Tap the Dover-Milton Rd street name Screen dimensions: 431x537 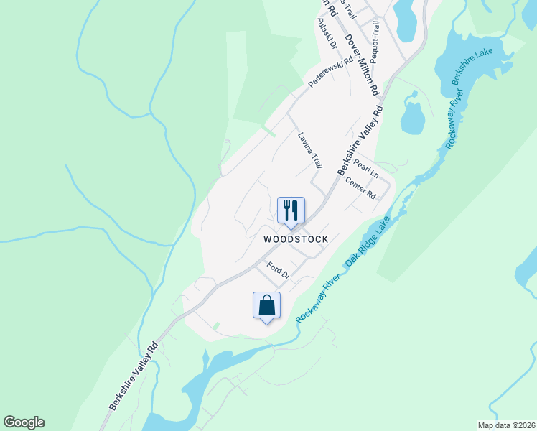pos(360,65)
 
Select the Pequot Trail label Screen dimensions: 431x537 pos(375,42)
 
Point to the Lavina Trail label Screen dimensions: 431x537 pos(310,150)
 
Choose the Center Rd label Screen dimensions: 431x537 pos(360,189)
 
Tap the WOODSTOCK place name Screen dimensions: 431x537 pos(295,239)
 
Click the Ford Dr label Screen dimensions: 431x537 pos(278,271)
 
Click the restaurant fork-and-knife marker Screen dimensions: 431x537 pos(291,210)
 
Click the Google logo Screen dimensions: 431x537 pos(24,422)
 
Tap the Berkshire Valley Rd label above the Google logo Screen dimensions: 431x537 pos(134,376)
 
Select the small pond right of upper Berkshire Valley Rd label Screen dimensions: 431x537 pos(412,118)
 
